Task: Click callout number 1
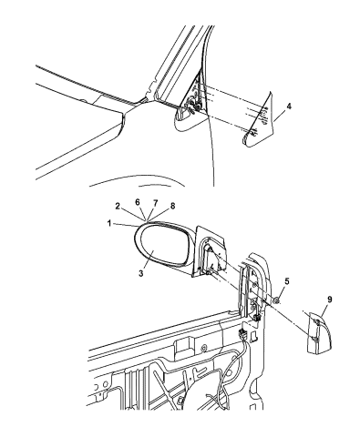click(108, 223)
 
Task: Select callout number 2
click(118, 207)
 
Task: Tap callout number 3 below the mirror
click(140, 273)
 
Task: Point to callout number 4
click(289, 107)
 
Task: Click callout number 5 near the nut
click(287, 281)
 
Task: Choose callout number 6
click(138, 202)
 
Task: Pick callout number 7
click(155, 203)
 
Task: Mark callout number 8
click(172, 206)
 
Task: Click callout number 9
click(330, 300)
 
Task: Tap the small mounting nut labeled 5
click(276, 300)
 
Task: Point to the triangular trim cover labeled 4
click(260, 120)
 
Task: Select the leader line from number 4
click(280, 117)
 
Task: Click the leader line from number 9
click(324, 310)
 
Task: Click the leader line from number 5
click(282, 290)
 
